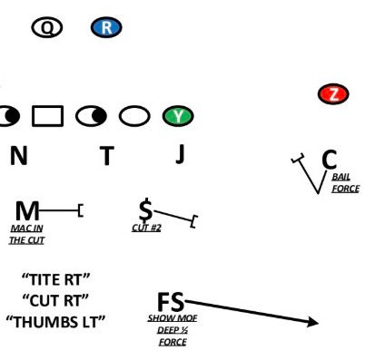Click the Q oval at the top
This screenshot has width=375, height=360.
[x=47, y=28]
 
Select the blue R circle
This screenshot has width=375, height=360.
[x=106, y=28]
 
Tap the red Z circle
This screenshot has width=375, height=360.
[x=333, y=93]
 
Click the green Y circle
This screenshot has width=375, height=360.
[x=178, y=116]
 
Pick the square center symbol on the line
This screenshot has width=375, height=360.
[x=47, y=116]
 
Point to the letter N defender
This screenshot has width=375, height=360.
[x=18, y=156]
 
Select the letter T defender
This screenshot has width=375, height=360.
[x=106, y=156]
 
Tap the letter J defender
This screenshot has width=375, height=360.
[x=179, y=154]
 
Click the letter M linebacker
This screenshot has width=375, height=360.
[x=27, y=210]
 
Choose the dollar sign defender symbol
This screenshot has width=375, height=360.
[x=145, y=209]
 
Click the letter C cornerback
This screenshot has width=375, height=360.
[x=329, y=160]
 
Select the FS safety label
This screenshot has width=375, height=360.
[x=171, y=302]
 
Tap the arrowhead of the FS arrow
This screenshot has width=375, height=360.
[x=312, y=322]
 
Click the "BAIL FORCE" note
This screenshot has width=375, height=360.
[x=345, y=182]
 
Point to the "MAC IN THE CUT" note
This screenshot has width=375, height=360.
[x=26, y=234]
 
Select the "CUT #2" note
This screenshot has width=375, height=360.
[x=145, y=228]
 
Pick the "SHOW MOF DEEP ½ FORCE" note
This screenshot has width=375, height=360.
[x=172, y=330]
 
